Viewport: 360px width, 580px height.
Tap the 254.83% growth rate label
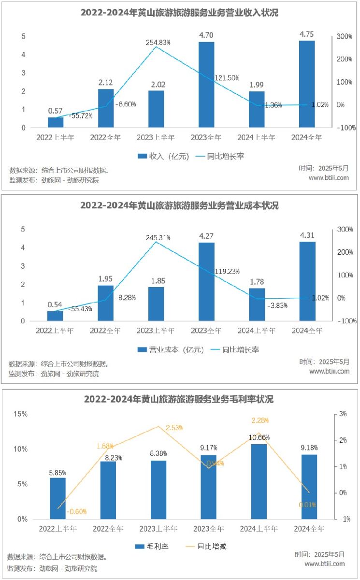pyautogui.click(x=158, y=43)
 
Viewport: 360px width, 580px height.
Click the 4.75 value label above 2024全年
pyautogui.click(x=307, y=34)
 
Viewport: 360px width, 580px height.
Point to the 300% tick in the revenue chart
pyautogui.click(x=344, y=37)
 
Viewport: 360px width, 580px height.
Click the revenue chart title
pyautogui.click(x=180, y=13)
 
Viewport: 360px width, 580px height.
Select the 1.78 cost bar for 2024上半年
pyautogui.click(x=257, y=304)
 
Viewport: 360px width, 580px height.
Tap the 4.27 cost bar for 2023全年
pyautogui.click(x=207, y=281)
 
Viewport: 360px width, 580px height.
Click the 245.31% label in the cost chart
pyautogui.click(x=159, y=237)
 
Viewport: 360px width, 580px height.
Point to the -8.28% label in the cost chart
pyautogui.click(x=125, y=298)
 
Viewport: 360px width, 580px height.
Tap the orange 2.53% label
pyautogui.click(x=174, y=428)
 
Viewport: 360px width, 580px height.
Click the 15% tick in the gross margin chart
pyautogui.click(x=21, y=414)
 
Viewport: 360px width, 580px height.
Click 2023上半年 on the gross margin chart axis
pyautogui.click(x=158, y=529)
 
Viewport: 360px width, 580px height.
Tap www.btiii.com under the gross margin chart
pyautogui.click(x=325, y=564)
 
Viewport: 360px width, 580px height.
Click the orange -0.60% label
pyautogui.click(x=76, y=511)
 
